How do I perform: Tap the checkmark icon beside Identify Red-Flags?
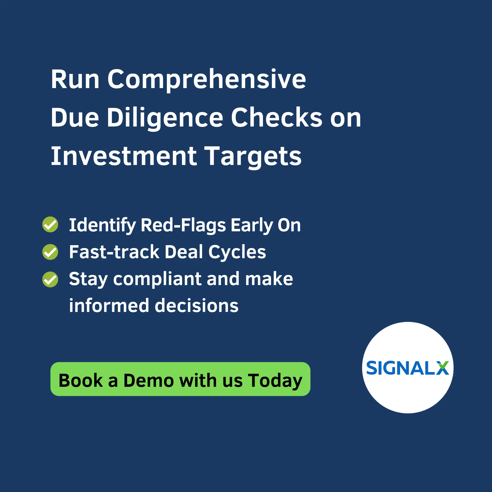coord(50,224)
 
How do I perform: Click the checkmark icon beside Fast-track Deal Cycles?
coord(50,252)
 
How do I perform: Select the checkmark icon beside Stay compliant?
coord(50,279)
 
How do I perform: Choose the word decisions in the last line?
coord(197,305)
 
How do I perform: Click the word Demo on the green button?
coord(148,380)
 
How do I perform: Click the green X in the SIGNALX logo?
coord(442,368)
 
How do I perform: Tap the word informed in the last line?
coord(109,305)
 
